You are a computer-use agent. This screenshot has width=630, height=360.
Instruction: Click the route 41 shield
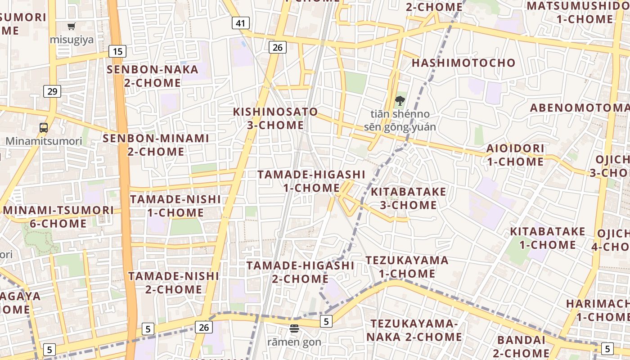click(241, 23)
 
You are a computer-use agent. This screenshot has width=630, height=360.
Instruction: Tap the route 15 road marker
click(117, 51)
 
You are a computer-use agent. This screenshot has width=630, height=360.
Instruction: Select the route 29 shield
click(52, 92)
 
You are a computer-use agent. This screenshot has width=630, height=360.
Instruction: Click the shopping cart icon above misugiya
click(72, 27)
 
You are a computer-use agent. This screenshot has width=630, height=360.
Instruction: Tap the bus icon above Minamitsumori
click(44, 128)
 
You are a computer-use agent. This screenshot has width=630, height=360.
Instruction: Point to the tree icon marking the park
click(399, 101)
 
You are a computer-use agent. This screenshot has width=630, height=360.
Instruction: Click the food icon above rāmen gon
click(294, 329)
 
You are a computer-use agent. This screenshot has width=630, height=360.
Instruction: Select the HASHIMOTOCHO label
click(463, 63)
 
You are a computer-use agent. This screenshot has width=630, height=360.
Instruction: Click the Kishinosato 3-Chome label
click(275, 118)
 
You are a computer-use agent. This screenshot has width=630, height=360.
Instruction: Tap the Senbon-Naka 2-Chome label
click(153, 76)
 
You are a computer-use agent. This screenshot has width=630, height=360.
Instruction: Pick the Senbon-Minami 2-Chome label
click(156, 145)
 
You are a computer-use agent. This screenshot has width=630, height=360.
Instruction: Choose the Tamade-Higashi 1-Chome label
click(311, 181)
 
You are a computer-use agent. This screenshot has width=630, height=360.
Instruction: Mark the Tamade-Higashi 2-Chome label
click(300, 272)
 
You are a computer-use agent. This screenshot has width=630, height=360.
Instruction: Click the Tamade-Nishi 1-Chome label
click(175, 206)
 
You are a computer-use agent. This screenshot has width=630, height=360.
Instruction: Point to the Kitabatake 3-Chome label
click(408, 198)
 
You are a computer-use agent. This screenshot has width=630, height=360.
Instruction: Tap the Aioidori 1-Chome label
click(515, 155)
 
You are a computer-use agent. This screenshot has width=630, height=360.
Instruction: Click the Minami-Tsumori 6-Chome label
click(58, 217)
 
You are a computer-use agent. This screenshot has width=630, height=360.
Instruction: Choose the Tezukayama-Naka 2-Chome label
click(414, 330)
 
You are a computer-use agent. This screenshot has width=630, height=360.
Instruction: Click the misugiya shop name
click(72, 40)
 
